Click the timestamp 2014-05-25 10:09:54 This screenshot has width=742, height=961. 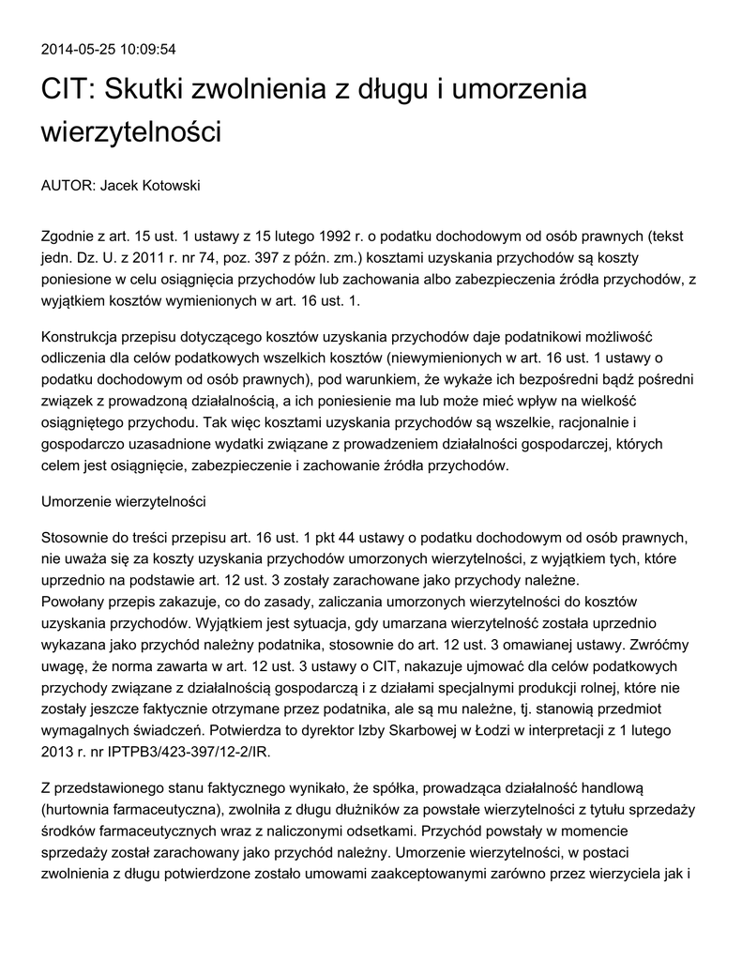point(109,49)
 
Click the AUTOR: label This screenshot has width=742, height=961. point(68,186)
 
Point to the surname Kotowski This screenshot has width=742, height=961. point(169,186)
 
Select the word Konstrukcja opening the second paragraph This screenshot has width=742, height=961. point(85,336)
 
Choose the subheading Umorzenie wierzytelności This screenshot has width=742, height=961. point(123,501)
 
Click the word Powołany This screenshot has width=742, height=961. point(75,601)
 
